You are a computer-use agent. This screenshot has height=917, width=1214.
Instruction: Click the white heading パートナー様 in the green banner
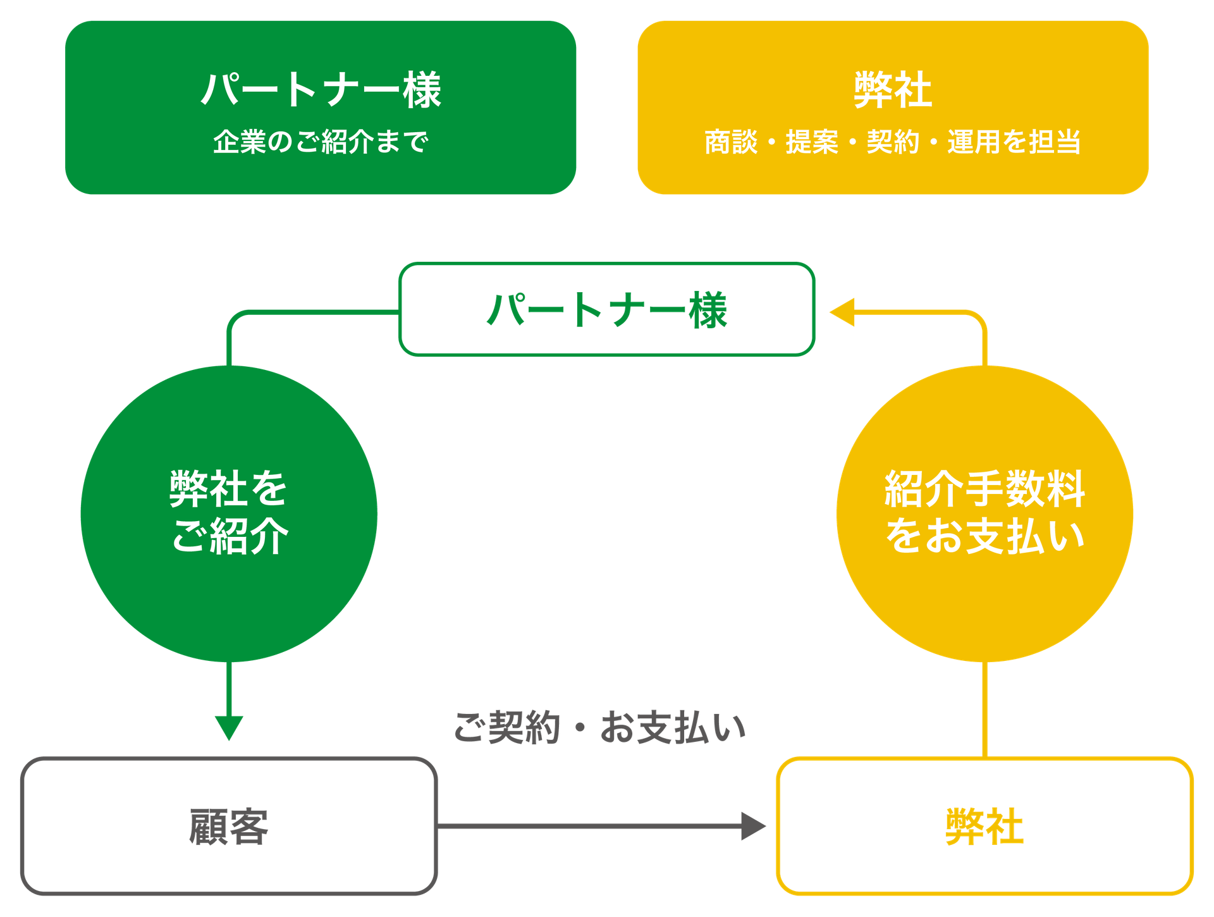pos(321,90)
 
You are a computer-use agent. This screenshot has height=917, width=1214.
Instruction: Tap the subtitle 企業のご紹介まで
pos(321,142)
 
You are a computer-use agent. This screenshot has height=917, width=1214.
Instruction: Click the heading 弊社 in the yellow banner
pos(892,90)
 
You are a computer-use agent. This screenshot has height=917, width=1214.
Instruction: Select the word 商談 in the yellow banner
pos(731,142)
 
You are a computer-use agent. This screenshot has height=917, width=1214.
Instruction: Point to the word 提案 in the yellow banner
pos(812,142)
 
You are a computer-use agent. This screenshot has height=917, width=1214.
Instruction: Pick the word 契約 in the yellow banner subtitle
pos(892,142)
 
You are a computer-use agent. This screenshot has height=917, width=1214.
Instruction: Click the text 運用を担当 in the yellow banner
pos(1014,142)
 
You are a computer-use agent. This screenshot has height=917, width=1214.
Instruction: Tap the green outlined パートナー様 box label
pos(607,310)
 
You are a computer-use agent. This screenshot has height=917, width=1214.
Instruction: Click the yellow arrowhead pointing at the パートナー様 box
pos(842,312)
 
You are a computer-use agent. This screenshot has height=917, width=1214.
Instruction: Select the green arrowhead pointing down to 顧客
pos(229,727)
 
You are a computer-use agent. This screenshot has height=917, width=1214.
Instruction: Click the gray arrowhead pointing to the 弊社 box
pos(753,826)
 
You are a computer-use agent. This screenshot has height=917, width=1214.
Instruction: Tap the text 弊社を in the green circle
pos(228,488)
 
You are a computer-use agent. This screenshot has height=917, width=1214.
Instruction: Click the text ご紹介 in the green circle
pos(230,536)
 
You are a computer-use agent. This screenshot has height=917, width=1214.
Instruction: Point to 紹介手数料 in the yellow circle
pos(984,488)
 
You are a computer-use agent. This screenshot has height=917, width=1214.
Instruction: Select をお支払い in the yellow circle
pos(984,536)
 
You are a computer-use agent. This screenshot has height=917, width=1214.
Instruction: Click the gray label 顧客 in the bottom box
pos(229,826)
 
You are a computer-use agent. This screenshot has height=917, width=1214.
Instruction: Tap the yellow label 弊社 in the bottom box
pos(984,826)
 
